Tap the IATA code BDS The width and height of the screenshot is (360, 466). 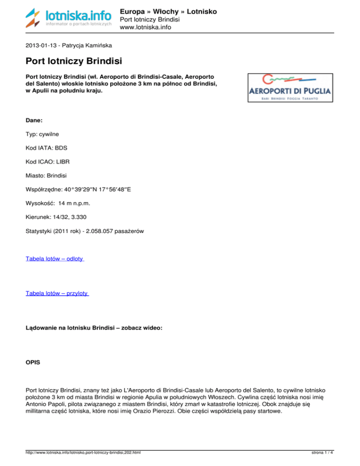tap(61, 148)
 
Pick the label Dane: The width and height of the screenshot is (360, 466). tap(34, 120)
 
